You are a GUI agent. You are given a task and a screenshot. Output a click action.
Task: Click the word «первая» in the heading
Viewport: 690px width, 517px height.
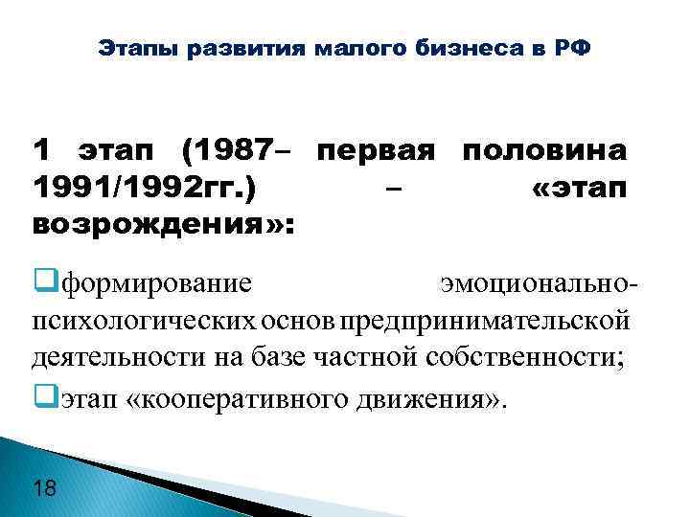pyautogui.click(x=376, y=150)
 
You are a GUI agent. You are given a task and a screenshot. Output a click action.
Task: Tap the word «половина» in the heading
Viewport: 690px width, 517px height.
pyautogui.click(x=544, y=150)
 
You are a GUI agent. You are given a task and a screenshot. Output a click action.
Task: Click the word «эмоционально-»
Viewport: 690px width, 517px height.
pyautogui.click(x=535, y=283)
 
